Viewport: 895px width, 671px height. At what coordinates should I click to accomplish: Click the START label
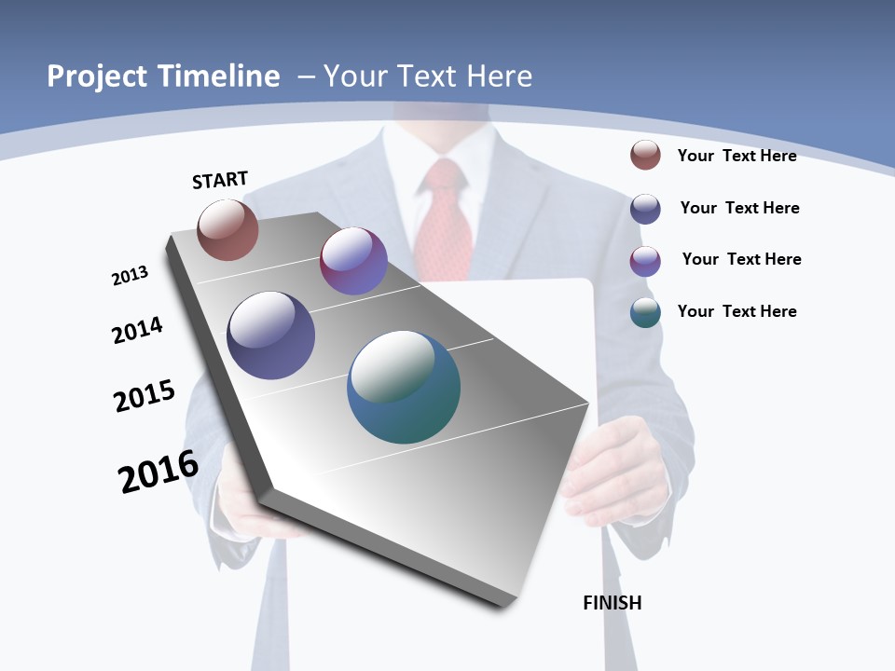[x=220, y=180]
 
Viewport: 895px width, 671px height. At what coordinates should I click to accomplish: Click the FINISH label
[x=613, y=603]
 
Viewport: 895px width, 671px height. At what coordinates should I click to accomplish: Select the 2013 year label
[x=130, y=276]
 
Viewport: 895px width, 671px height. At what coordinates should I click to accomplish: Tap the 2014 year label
[x=137, y=330]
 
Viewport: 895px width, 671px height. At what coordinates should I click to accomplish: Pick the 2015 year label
[x=145, y=396]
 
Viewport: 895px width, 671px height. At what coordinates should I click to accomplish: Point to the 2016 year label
[x=158, y=472]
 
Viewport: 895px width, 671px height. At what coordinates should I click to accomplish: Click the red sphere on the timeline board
[x=227, y=230]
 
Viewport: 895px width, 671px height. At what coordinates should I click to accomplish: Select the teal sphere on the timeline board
[x=404, y=387]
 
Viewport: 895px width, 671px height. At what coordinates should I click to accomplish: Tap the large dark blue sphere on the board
[x=271, y=335]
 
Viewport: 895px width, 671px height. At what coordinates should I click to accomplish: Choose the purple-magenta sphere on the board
[x=353, y=261]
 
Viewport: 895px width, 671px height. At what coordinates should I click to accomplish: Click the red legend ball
[x=645, y=155]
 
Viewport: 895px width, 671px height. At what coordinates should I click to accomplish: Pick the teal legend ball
[x=645, y=312]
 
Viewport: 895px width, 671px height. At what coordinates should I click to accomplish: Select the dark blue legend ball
[x=645, y=209]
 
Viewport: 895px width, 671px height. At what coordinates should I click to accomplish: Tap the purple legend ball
[x=645, y=261]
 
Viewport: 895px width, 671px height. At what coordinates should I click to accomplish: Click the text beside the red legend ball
[x=737, y=156]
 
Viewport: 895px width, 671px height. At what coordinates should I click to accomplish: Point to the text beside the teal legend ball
[x=737, y=311]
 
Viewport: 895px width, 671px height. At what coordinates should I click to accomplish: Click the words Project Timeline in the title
[x=163, y=76]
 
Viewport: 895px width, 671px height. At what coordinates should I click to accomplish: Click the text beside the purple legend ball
[x=741, y=259]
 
